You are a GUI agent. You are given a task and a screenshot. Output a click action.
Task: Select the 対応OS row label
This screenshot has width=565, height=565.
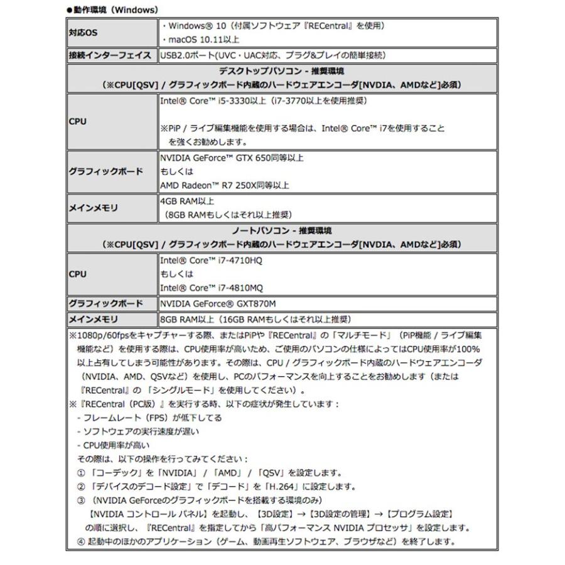[x=82, y=33]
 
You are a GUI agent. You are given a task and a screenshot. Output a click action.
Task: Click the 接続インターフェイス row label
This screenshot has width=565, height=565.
[x=111, y=55]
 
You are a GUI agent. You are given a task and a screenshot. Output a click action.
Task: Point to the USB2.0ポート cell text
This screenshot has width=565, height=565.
[x=272, y=55]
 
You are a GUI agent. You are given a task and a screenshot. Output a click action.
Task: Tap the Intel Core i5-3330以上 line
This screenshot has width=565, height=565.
[x=263, y=100]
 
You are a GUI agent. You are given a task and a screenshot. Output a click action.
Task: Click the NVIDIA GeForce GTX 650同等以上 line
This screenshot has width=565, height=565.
[x=232, y=158]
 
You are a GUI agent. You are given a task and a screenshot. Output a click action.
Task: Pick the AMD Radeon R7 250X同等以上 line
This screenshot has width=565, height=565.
[x=224, y=185]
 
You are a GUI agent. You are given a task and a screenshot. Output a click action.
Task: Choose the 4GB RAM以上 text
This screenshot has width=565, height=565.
[x=188, y=202]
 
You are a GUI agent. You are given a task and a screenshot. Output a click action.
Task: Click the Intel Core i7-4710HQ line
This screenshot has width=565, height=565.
[x=211, y=260]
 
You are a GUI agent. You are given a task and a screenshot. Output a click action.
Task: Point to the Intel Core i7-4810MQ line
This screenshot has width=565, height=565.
[x=212, y=288]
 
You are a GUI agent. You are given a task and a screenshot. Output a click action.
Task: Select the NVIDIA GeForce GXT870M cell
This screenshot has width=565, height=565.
[x=218, y=304]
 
